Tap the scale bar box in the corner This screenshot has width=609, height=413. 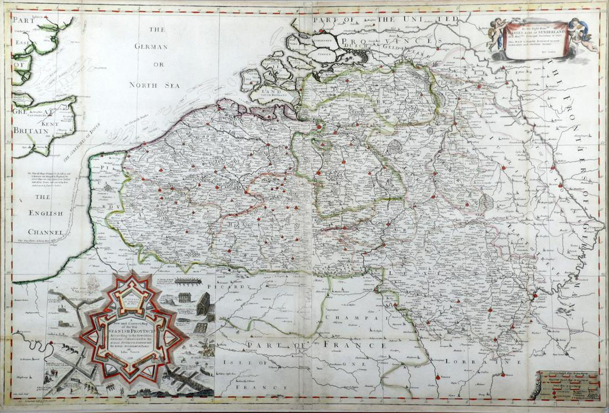(x=564, y=386)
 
